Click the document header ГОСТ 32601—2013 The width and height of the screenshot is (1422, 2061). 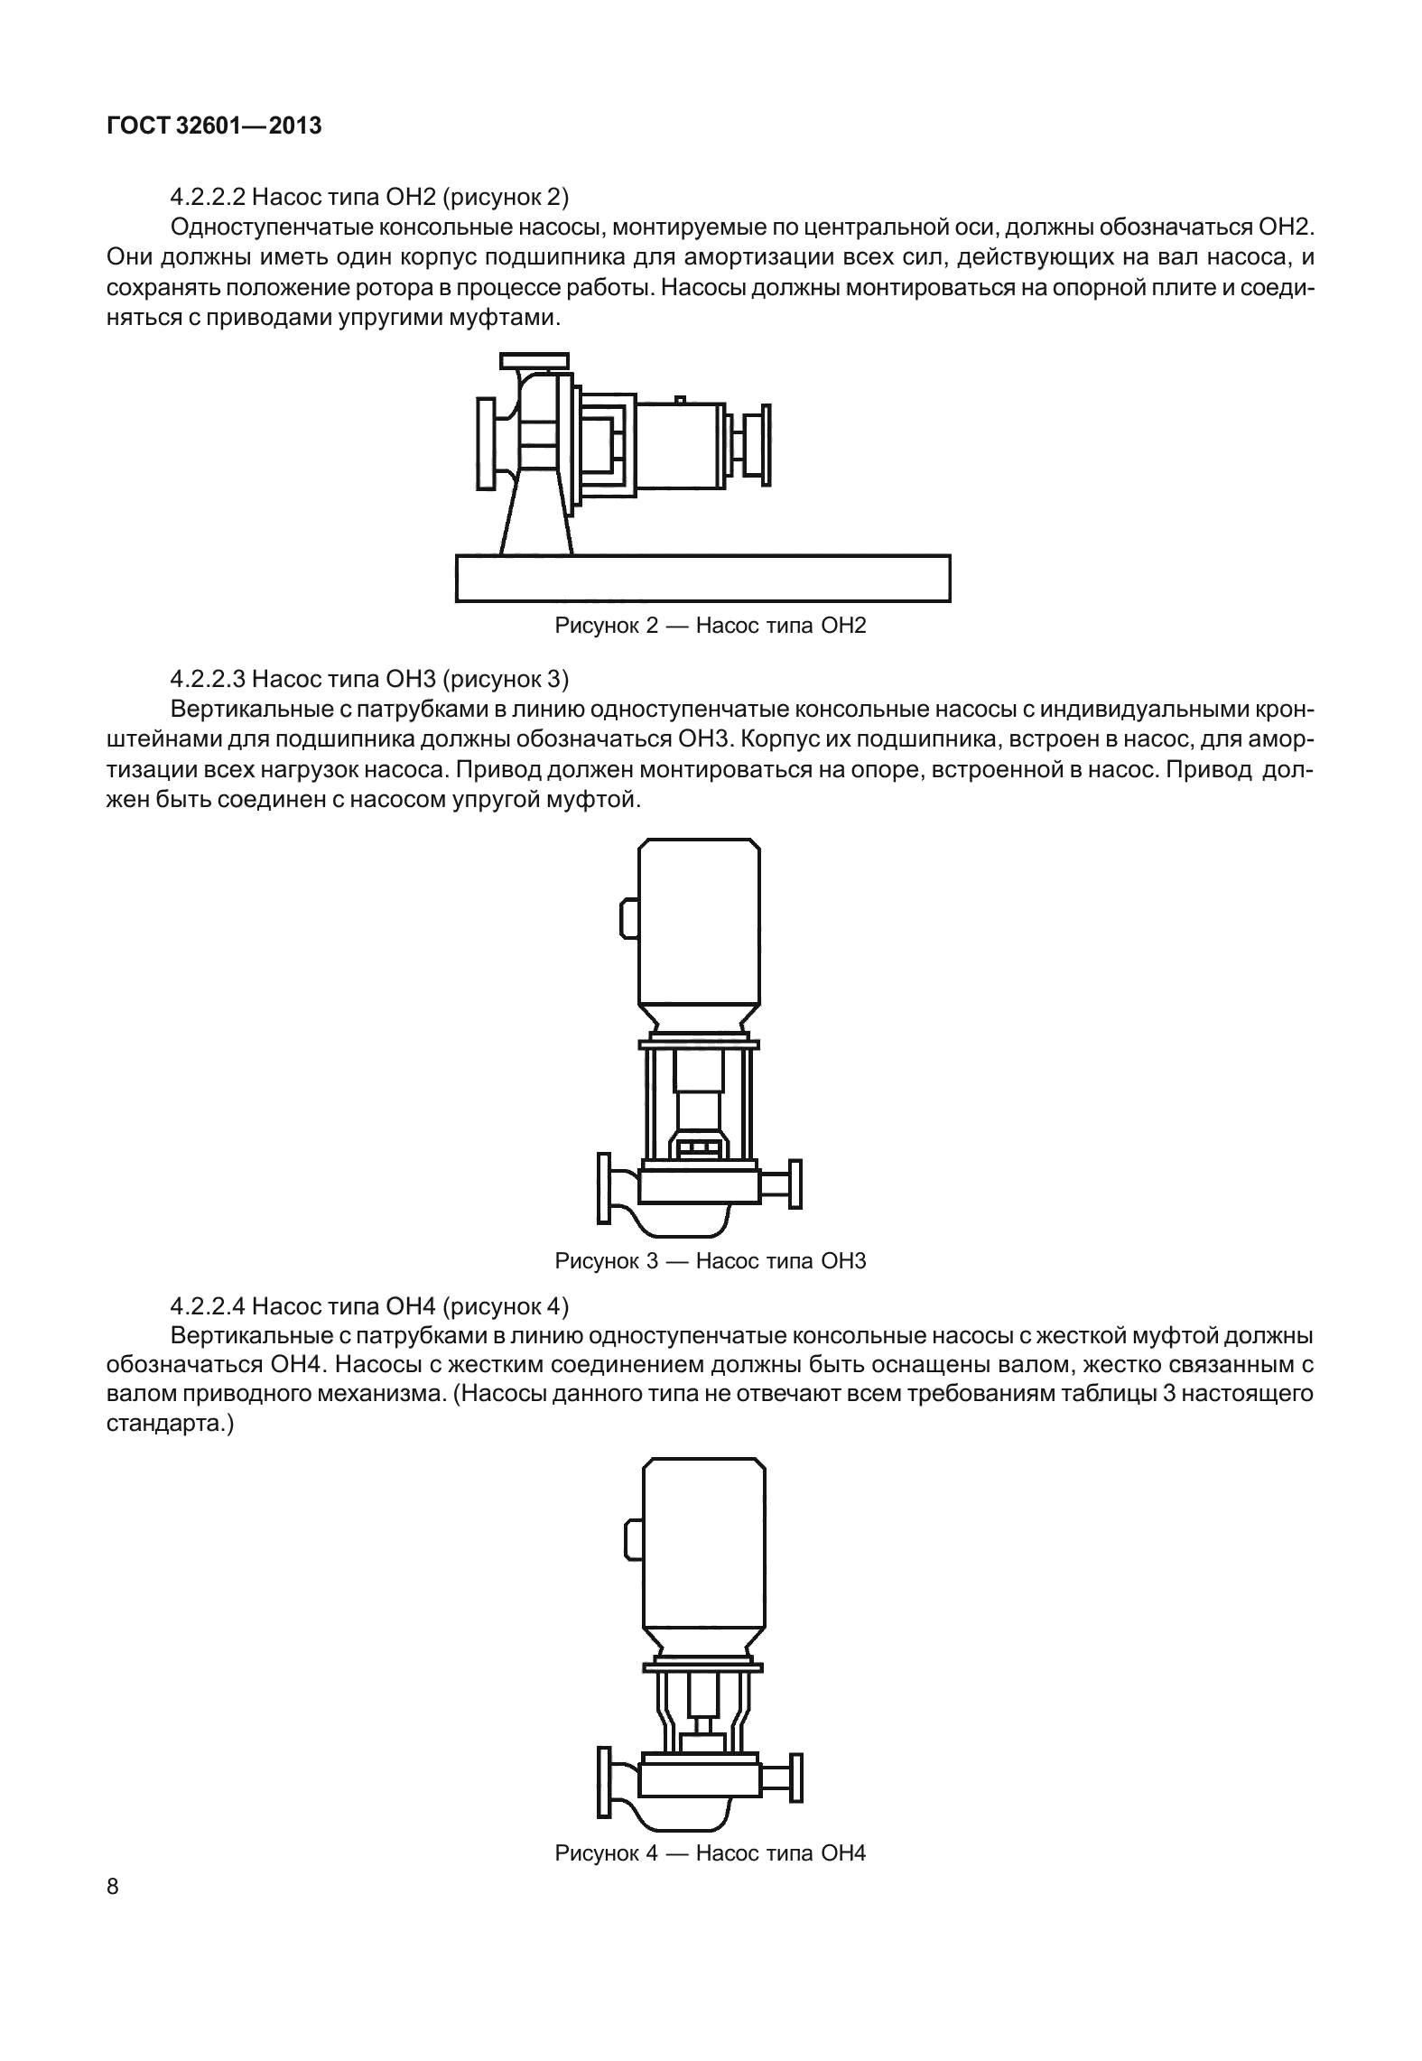214,126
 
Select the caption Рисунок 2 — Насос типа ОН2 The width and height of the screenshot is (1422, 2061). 710,626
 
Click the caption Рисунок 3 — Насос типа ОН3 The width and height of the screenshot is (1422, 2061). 710,1261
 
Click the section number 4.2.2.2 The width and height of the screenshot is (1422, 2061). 208,196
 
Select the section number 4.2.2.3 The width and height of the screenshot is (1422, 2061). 208,678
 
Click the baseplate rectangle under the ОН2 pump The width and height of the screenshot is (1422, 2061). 702,578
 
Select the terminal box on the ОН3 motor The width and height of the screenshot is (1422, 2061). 628,918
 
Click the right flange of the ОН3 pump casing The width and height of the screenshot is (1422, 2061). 795,1184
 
